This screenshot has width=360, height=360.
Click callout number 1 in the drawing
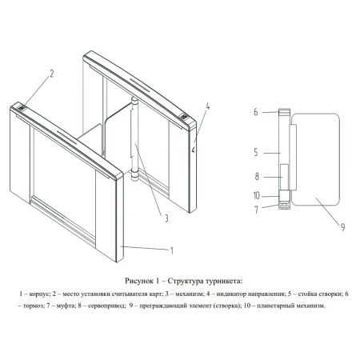click(x=171, y=250)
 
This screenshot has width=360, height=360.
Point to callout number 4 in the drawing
click(x=206, y=106)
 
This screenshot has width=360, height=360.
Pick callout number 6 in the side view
click(x=257, y=113)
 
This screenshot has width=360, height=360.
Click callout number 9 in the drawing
click(x=342, y=227)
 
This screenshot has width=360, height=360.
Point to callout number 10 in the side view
click(x=257, y=195)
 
